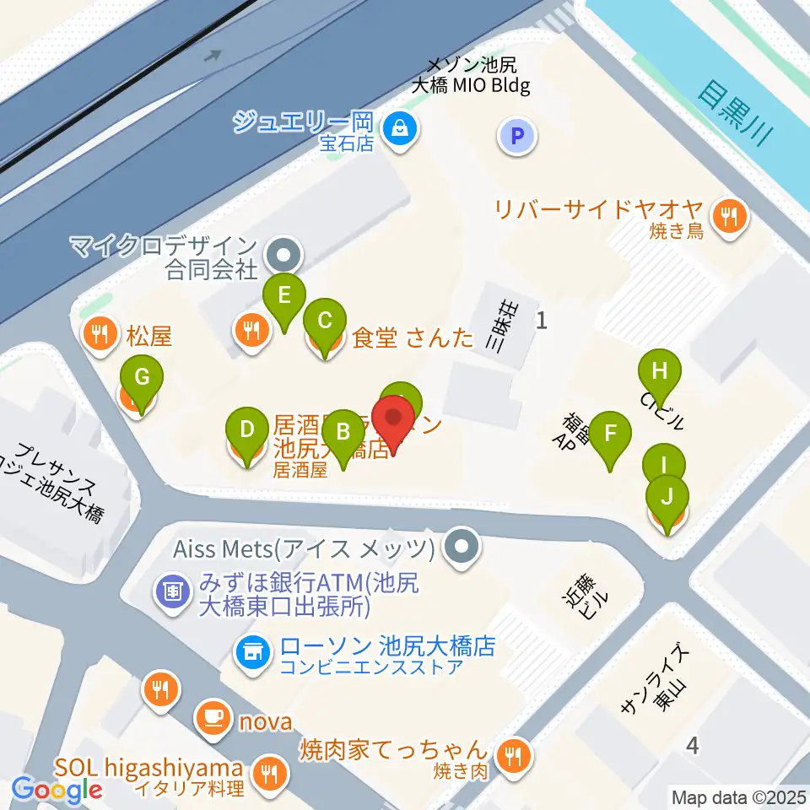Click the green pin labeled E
tap(284, 295)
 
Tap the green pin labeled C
tap(325, 321)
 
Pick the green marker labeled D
tap(246, 429)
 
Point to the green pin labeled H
tap(660, 371)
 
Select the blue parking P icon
tap(517, 135)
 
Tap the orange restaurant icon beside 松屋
tap(100, 336)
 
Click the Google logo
tap(57, 791)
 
